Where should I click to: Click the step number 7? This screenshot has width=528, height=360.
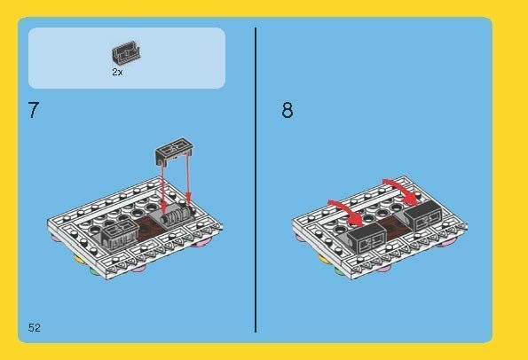[x=33, y=112]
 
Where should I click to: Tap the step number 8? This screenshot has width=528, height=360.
[x=287, y=112]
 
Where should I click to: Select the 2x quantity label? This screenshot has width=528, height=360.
[x=117, y=72]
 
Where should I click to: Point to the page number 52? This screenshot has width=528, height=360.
[x=35, y=328]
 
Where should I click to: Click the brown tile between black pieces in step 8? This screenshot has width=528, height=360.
[x=395, y=232]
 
